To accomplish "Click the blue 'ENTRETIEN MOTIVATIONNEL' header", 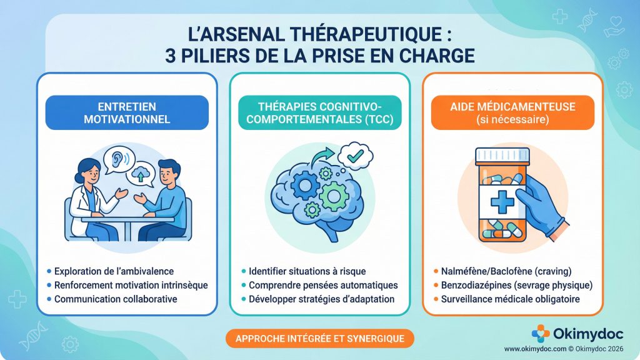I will pyautogui.click(x=127, y=112).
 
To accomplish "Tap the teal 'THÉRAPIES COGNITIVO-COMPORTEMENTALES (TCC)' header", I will pyautogui.click(x=319, y=112).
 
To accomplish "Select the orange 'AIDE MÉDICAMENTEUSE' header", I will pyautogui.click(x=512, y=112).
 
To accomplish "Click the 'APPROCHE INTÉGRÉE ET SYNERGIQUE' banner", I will pyautogui.click(x=319, y=339).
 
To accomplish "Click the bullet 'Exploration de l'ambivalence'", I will pyautogui.click(x=113, y=271).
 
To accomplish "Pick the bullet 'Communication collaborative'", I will pyautogui.click(x=115, y=299).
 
